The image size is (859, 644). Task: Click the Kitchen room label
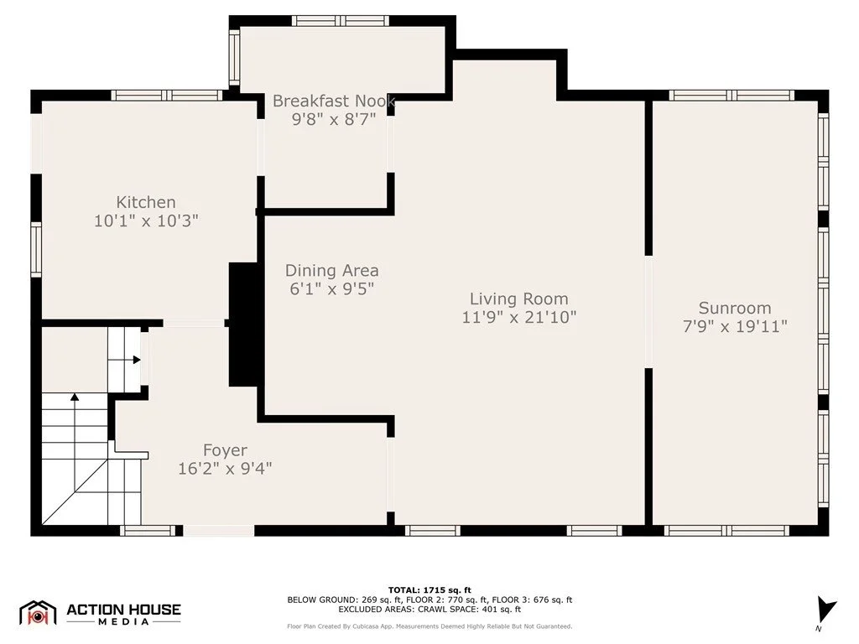[146, 202]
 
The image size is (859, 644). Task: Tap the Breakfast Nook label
[334, 101]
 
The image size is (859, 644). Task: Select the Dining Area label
[332, 271]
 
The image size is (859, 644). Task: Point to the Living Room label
[518, 299]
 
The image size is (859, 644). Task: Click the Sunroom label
[735, 308]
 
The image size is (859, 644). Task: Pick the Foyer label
[225, 450]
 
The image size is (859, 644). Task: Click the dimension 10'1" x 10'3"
[146, 221]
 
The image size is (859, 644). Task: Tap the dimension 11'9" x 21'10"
[519, 317]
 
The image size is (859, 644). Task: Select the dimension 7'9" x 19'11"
[735, 326]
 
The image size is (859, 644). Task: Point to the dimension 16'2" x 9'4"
[225, 469]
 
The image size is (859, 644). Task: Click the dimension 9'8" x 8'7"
[334, 119]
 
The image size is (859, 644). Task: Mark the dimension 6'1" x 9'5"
[332, 288]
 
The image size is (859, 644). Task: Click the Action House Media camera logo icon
[38, 613]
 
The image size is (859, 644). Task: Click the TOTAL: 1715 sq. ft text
[429, 590]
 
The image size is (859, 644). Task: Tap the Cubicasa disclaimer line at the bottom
[429, 626]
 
